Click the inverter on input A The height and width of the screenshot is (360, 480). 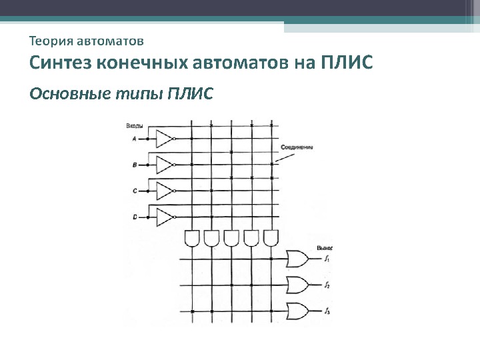(164, 139)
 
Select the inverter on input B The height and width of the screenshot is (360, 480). (164, 164)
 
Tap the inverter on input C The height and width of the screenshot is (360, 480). (164, 191)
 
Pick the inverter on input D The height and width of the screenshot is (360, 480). (164, 217)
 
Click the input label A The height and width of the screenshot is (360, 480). (135, 139)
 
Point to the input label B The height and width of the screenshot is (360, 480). (135, 164)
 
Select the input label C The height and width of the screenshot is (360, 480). (135, 191)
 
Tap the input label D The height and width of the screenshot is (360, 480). (135, 217)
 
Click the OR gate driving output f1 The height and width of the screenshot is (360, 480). (296, 259)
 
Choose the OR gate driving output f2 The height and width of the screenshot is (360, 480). (296, 285)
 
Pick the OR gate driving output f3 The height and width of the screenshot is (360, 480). (296, 311)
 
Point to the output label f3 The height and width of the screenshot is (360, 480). (327, 311)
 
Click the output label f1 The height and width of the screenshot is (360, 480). (327, 259)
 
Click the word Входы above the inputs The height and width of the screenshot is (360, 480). (135, 125)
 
